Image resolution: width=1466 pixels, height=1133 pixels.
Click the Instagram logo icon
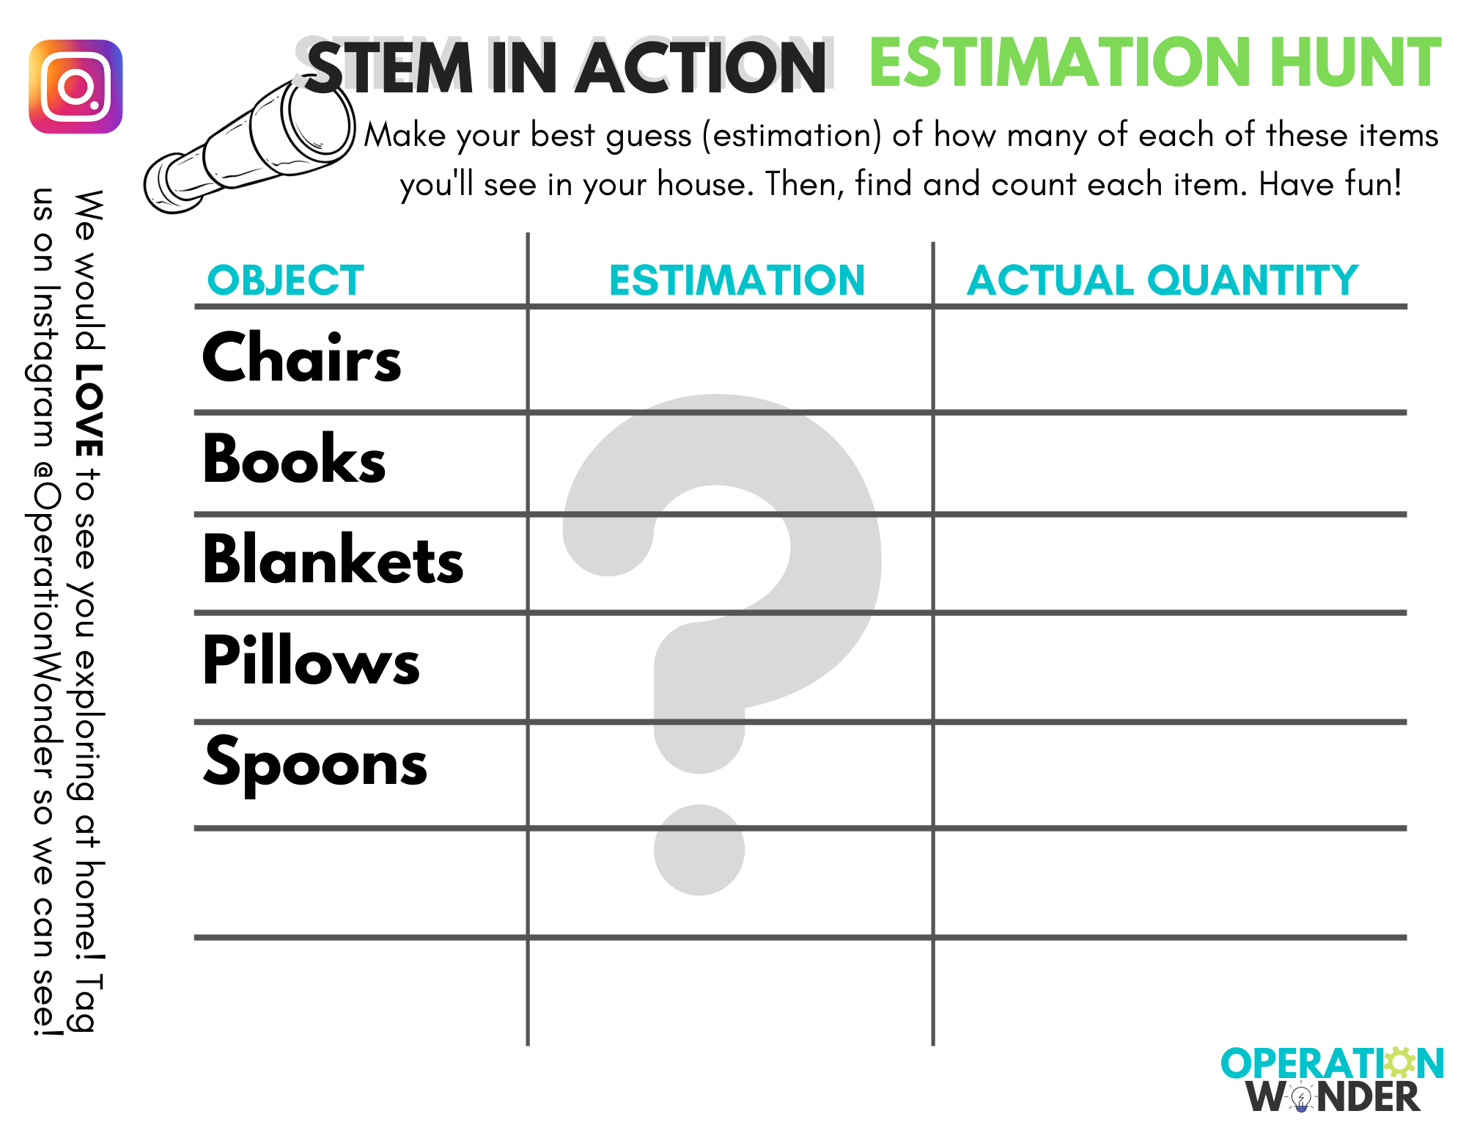click(75, 87)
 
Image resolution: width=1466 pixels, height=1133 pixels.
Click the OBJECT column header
click(286, 280)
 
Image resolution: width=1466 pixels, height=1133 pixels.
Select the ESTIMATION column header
click(737, 280)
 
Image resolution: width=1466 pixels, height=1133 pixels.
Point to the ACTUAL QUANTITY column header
click(1163, 280)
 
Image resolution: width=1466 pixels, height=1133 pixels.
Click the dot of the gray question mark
click(699, 850)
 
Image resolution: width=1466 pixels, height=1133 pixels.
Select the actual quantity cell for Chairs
click(1171, 359)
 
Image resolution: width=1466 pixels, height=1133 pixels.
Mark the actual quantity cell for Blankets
click(1171, 563)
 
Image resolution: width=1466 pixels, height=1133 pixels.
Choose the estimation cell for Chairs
click(730, 359)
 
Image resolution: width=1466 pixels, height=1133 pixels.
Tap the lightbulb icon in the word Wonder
click(1301, 1098)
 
